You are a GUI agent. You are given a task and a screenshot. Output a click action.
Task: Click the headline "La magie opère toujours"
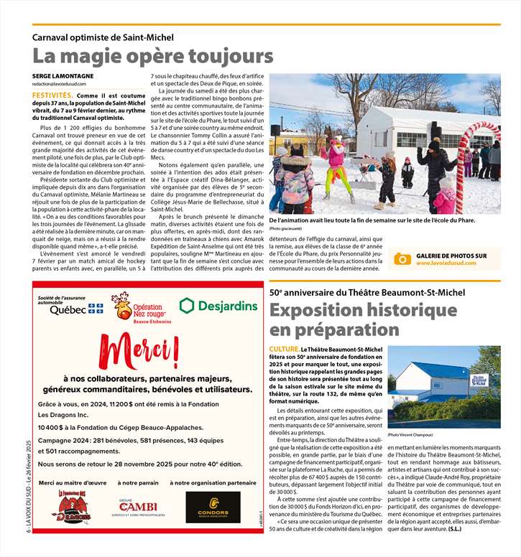pos(152,56)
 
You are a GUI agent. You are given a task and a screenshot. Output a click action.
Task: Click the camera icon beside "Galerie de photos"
pos(402,259)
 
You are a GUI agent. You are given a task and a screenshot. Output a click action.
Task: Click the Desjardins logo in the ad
pos(218,306)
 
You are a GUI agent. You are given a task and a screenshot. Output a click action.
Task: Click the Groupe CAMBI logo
pos(138,508)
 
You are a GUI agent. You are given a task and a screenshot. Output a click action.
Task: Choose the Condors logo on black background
pos(213,507)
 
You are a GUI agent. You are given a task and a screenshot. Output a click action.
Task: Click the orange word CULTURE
pos(285,350)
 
